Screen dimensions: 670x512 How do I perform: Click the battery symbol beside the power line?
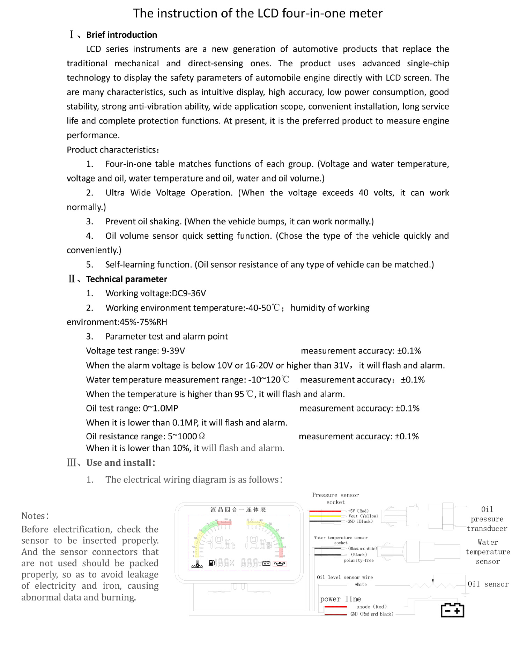(x=452, y=610)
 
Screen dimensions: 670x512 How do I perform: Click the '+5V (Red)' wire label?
(x=358, y=511)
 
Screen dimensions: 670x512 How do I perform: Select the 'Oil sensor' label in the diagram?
(x=488, y=584)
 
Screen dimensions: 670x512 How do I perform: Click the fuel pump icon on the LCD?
(x=212, y=563)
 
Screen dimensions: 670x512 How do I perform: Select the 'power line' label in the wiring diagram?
(x=341, y=599)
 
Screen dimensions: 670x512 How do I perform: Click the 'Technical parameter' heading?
(x=126, y=279)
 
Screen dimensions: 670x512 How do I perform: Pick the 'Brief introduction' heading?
(x=121, y=35)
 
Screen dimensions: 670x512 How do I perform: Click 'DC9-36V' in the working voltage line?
(x=189, y=293)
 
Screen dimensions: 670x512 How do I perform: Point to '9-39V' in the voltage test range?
(x=173, y=351)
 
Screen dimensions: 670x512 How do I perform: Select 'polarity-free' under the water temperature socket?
(x=359, y=560)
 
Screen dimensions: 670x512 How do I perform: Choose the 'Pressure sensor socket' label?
(x=335, y=499)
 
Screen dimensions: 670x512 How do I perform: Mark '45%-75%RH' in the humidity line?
(x=143, y=322)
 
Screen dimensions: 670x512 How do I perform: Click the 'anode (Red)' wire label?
(x=371, y=607)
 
